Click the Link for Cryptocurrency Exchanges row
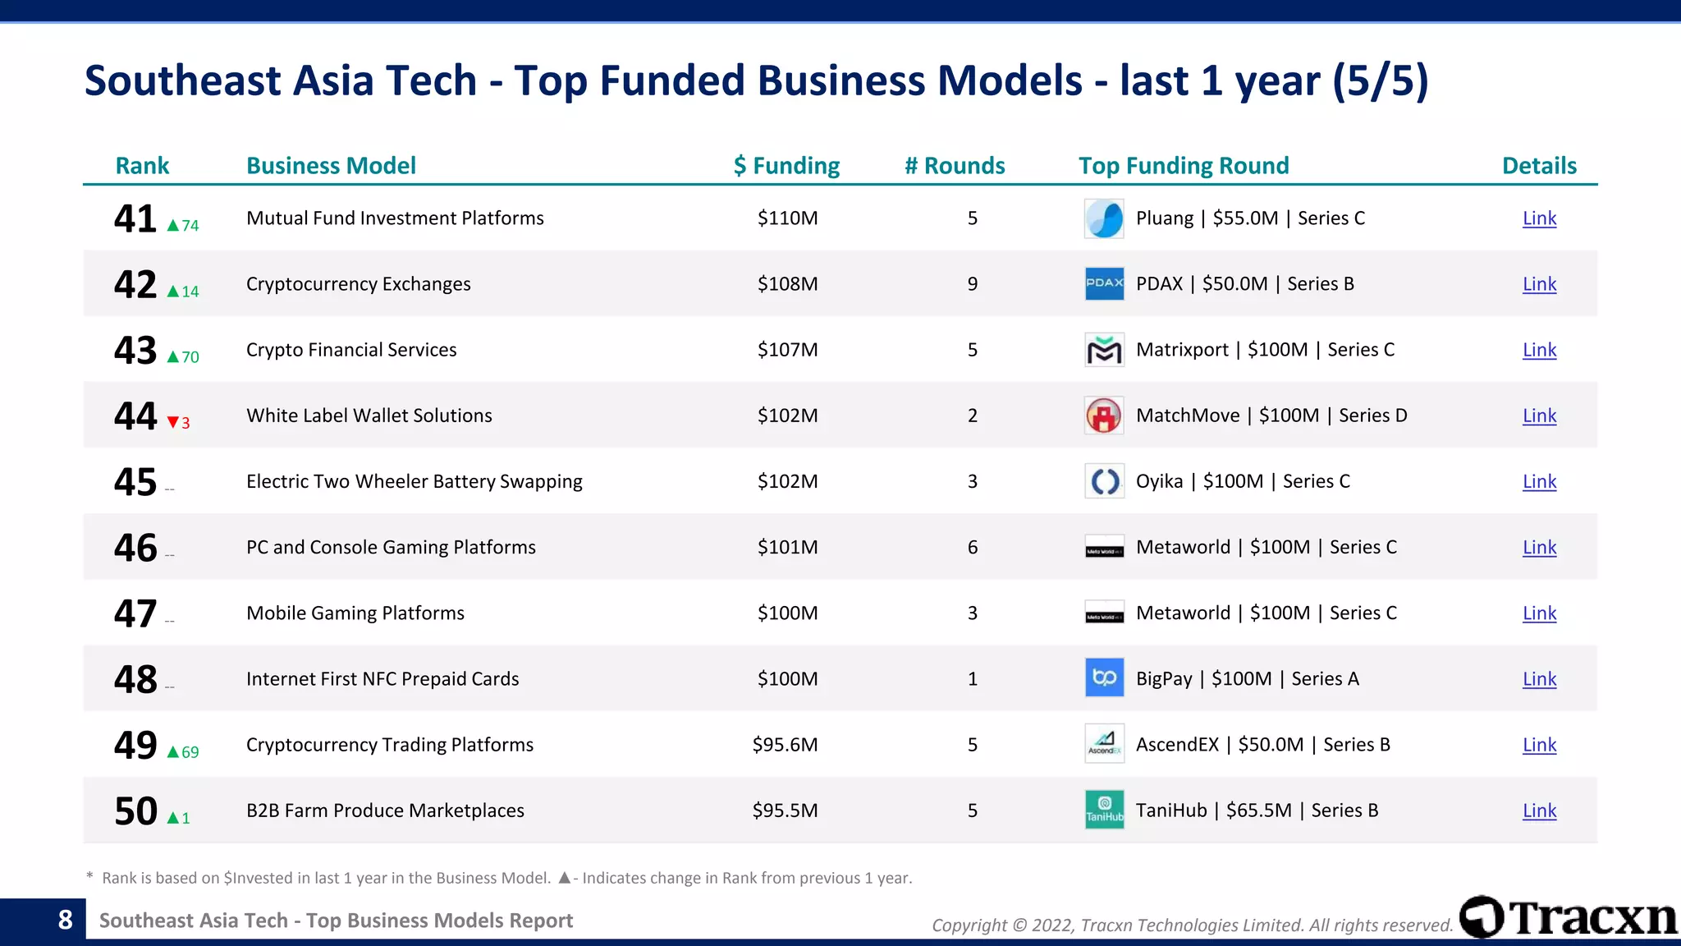1539,284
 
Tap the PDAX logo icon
1104,283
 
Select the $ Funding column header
786,166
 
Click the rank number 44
135,416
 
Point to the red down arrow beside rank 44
173,423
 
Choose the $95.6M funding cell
785,745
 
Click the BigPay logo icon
1104,678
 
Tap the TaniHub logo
1104,810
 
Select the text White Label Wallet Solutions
369,416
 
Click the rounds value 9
973,284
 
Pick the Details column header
1539,166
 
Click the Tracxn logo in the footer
1568,917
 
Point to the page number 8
66,920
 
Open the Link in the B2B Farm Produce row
1539,811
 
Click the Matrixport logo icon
1104,350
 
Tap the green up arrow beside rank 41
173,226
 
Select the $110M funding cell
787,218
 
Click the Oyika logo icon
1104,481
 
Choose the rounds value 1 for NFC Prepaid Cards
973,679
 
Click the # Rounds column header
955,166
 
